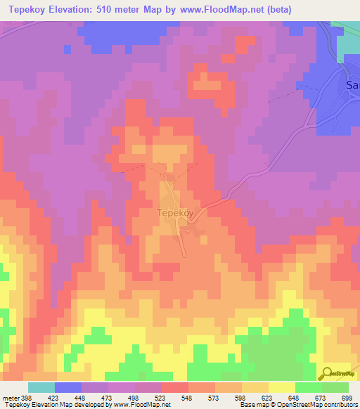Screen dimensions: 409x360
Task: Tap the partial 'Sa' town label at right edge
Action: (352, 85)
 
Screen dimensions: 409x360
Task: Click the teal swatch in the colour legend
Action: (41, 388)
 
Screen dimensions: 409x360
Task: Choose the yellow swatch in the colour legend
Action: (281, 388)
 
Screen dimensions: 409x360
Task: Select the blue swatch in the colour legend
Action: (68, 388)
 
